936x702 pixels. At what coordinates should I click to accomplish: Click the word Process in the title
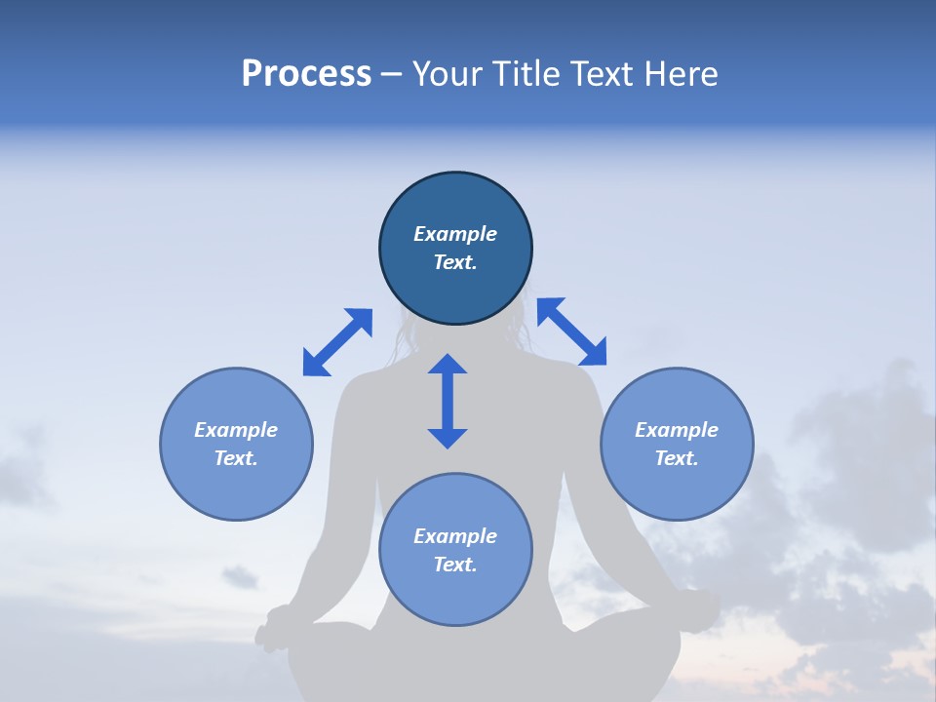[306, 74]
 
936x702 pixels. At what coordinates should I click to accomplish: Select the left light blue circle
[236, 478]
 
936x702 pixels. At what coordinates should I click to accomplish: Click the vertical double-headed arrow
[448, 401]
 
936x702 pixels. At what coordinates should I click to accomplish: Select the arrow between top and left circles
[337, 342]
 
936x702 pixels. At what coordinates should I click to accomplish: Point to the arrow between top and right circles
[572, 331]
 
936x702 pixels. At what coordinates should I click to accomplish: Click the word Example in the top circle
[455, 234]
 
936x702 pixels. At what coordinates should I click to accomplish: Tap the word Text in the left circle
[236, 458]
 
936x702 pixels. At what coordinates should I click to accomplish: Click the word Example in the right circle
[677, 430]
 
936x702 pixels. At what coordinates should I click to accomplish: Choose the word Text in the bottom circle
[455, 565]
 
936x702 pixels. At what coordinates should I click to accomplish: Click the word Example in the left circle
[236, 430]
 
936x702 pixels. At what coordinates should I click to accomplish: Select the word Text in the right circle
[677, 458]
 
